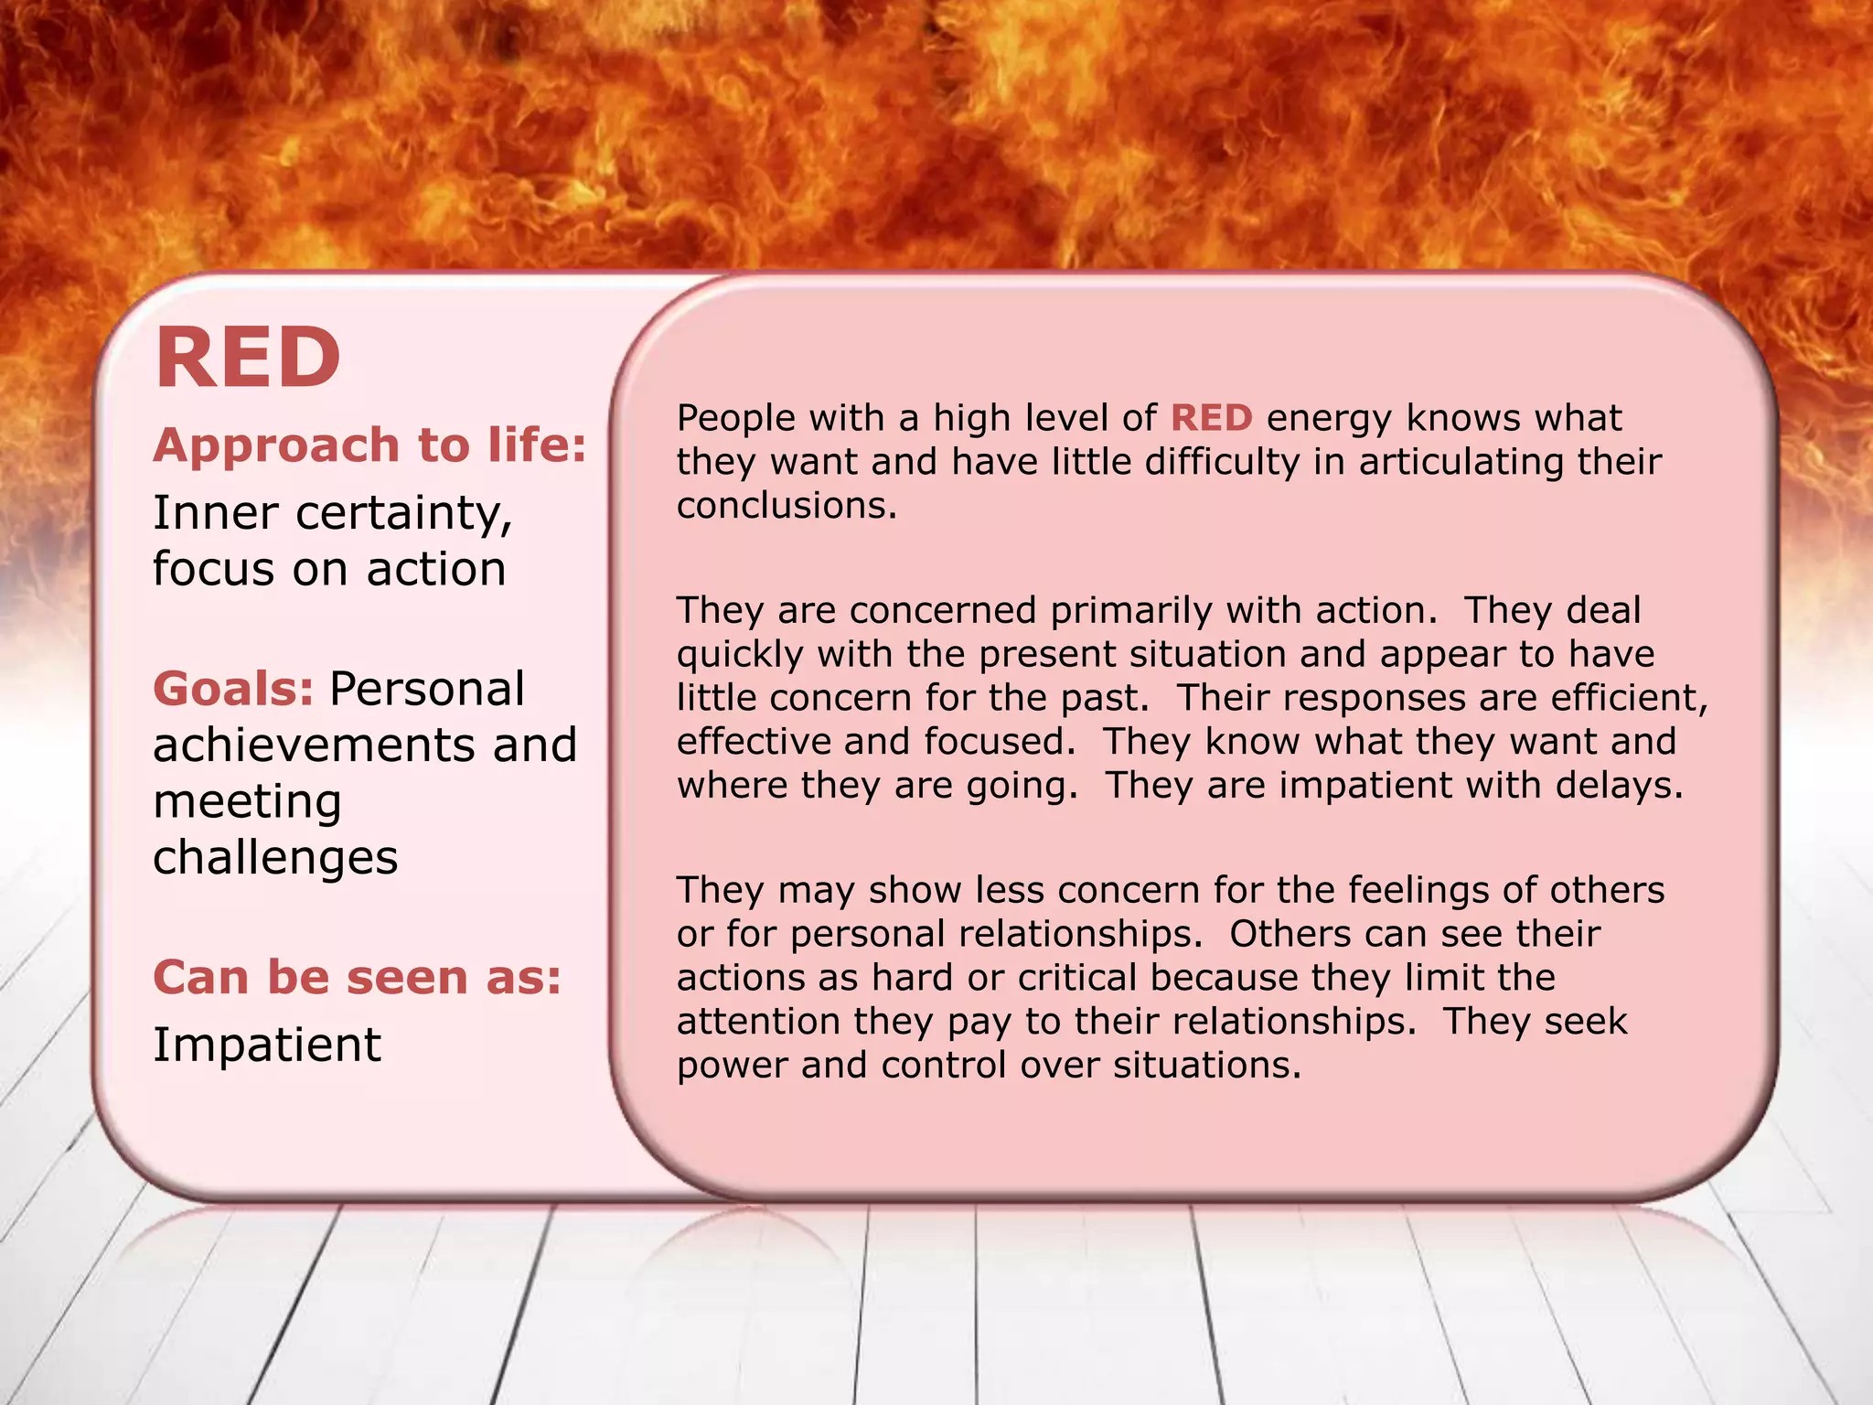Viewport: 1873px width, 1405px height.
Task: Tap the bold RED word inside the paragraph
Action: point(1211,418)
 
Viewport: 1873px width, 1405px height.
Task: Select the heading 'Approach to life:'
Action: point(369,445)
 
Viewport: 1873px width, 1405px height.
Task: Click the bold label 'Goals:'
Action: point(233,689)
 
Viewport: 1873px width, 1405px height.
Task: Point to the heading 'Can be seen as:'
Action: point(357,977)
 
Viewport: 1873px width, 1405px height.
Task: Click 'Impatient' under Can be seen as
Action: point(266,1045)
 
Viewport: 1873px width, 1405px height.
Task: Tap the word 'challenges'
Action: point(275,858)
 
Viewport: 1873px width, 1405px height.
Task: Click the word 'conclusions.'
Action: point(787,506)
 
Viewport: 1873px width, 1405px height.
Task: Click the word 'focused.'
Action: point(1000,742)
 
